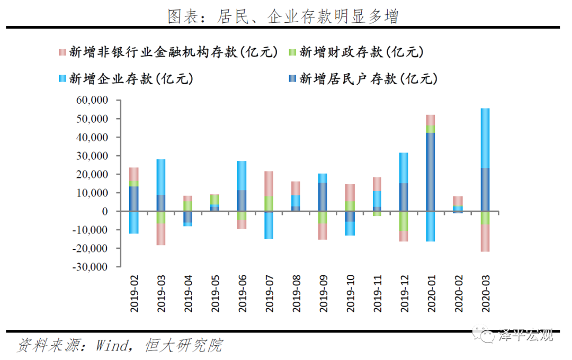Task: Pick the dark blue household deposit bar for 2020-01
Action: tap(431, 172)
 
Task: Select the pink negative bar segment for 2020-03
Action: tap(485, 238)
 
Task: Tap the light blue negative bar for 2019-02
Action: tap(134, 222)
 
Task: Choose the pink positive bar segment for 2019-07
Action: tap(269, 184)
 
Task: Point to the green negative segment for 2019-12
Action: tap(404, 221)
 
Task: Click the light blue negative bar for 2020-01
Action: tap(431, 226)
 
